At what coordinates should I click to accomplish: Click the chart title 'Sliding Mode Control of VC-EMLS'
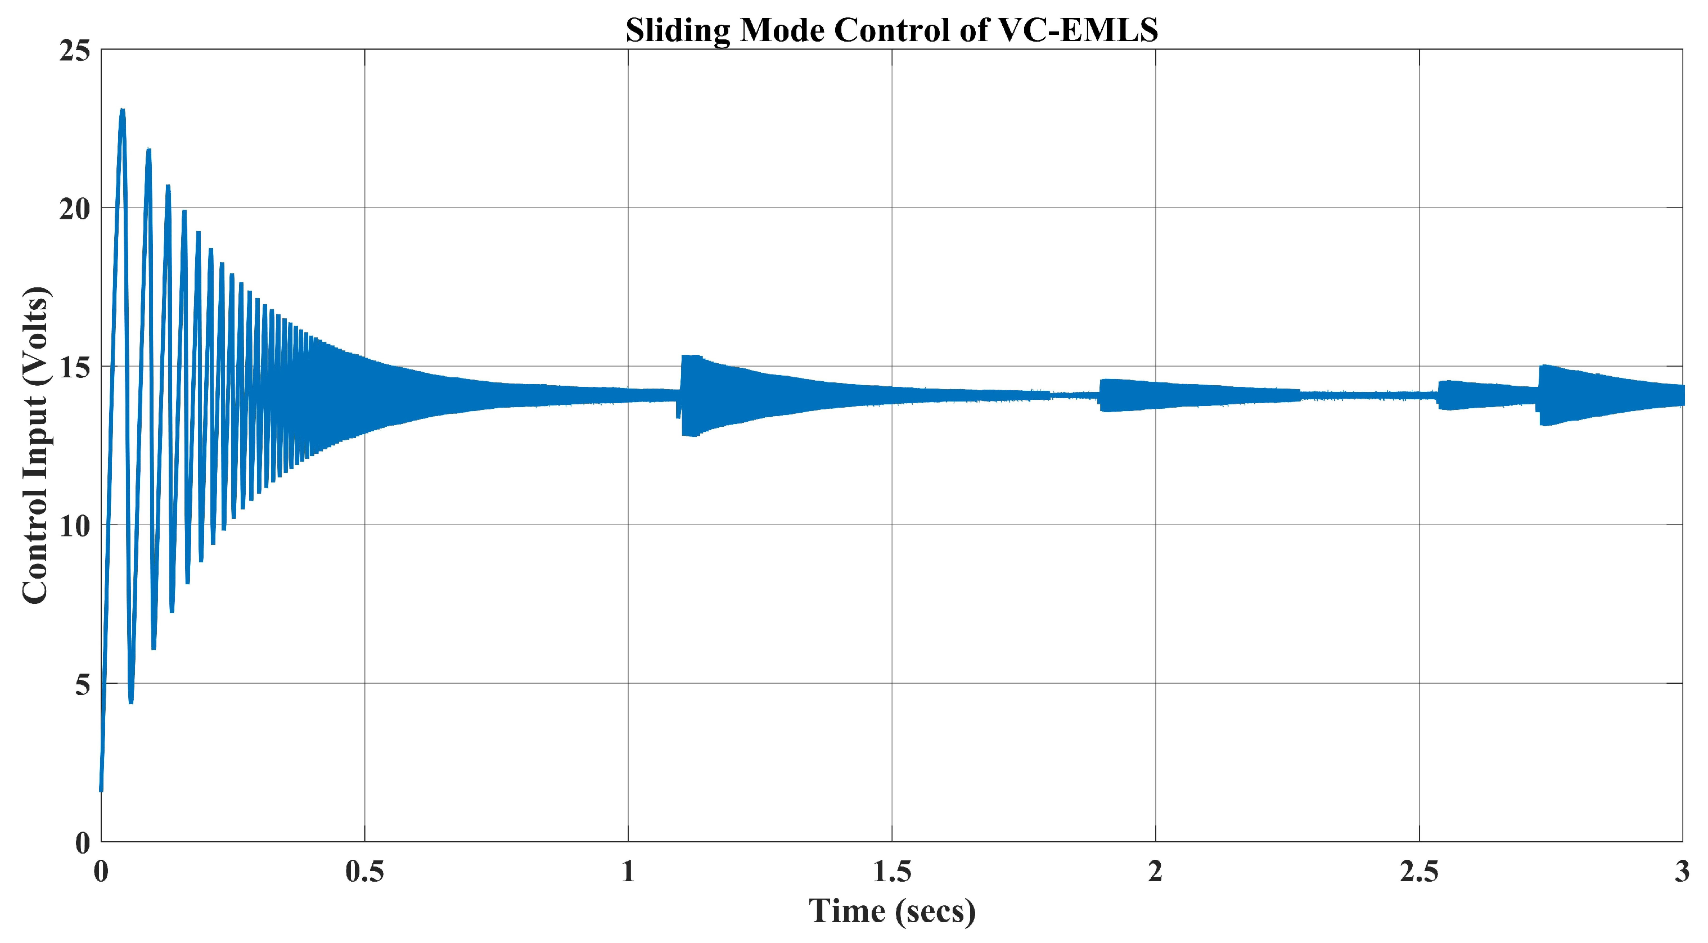(892, 30)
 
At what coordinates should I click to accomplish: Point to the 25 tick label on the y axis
(74, 51)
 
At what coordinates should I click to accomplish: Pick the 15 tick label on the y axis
(74, 367)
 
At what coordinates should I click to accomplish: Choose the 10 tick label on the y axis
(74, 526)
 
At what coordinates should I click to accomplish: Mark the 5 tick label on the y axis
(82, 684)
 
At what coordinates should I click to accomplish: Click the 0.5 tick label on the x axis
(364, 872)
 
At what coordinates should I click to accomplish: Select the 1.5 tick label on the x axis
(892, 872)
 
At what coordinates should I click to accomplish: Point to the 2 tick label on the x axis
(1155, 872)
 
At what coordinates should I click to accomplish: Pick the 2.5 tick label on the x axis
(1419, 872)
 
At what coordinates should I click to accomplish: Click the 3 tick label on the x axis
(1682, 872)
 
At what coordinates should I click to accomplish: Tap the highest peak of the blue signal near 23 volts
(122, 110)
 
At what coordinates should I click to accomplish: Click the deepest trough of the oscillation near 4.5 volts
(131, 702)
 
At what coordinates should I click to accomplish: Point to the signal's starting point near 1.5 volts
(101, 791)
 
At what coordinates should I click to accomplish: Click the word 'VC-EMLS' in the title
(1078, 30)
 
